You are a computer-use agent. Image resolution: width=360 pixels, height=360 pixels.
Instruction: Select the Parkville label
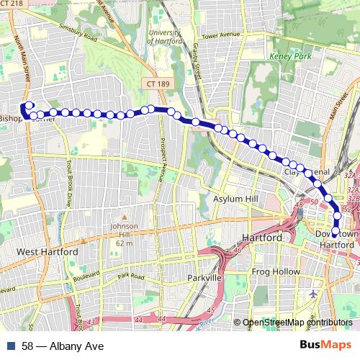202,277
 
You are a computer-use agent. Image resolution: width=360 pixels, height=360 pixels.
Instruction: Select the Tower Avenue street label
220,35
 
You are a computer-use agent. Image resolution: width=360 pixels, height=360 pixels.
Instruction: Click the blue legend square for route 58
9,346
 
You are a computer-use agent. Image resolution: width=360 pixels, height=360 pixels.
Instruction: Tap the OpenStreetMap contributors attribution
297,323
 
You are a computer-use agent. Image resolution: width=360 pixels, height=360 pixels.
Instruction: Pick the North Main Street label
23,63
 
